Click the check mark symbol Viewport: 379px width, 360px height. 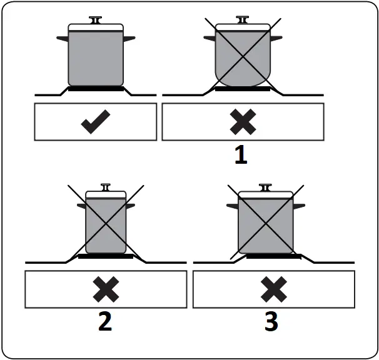click(96, 122)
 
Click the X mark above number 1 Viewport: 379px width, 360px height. click(242, 122)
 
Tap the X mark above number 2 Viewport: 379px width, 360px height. click(106, 289)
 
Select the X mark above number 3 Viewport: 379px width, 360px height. click(273, 289)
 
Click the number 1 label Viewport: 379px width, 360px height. click(241, 154)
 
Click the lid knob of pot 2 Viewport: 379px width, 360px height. click(106, 188)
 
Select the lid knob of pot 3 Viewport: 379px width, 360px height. click(266, 187)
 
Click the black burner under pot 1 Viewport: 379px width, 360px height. click(242, 89)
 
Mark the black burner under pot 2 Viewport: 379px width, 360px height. click(106, 256)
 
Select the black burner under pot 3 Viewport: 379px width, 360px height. click(273, 256)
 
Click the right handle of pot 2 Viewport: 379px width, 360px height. click(129, 206)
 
